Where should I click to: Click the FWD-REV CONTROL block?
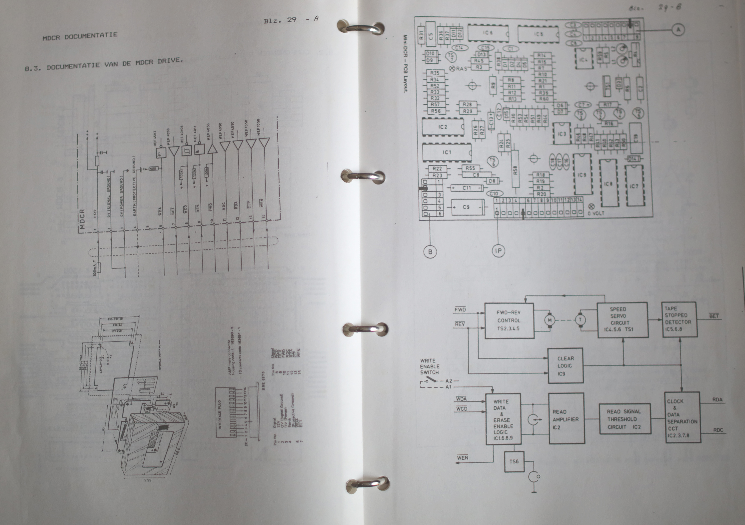coord(509,320)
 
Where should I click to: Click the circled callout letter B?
coord(430,252)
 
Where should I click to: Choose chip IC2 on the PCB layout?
coord(443,127)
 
